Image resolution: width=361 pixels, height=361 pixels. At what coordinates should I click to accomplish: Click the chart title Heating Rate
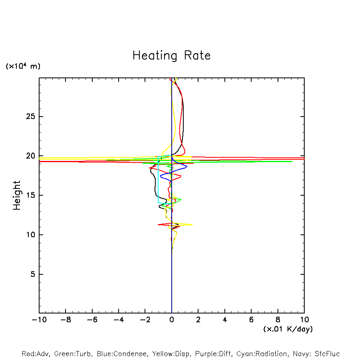point(171,56)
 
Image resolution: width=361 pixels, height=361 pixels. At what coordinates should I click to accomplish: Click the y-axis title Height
point(17,195)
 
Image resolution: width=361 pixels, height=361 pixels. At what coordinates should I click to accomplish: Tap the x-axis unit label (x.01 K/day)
point(288,329)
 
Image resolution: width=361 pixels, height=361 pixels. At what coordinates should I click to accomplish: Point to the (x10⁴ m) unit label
point(23,66)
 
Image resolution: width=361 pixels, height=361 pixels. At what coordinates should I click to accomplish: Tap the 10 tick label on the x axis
point(304,319)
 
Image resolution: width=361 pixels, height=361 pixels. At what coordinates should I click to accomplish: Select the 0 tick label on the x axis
point(172,319)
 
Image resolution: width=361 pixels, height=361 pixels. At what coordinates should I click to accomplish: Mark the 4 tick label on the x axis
point(225,319)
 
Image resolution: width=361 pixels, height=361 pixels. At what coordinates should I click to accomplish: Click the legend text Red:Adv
point(35,354)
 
